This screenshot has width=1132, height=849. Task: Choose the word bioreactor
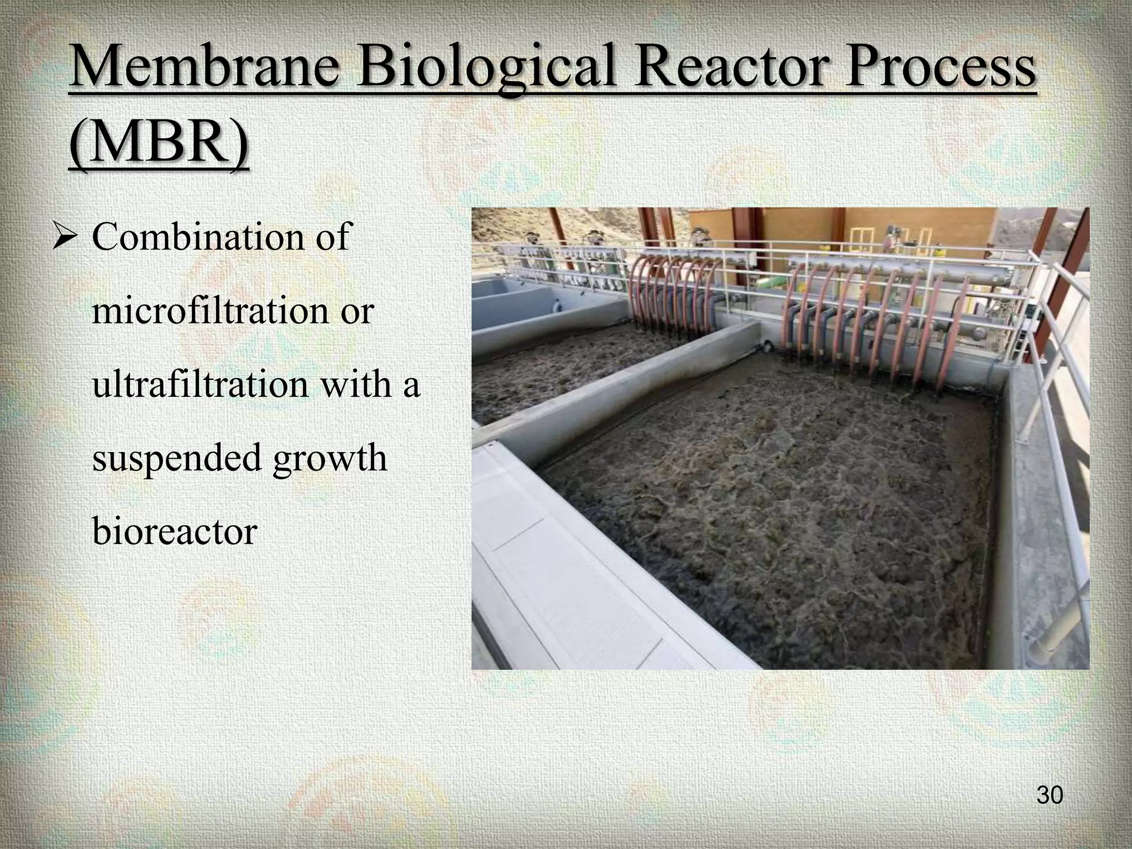175,531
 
